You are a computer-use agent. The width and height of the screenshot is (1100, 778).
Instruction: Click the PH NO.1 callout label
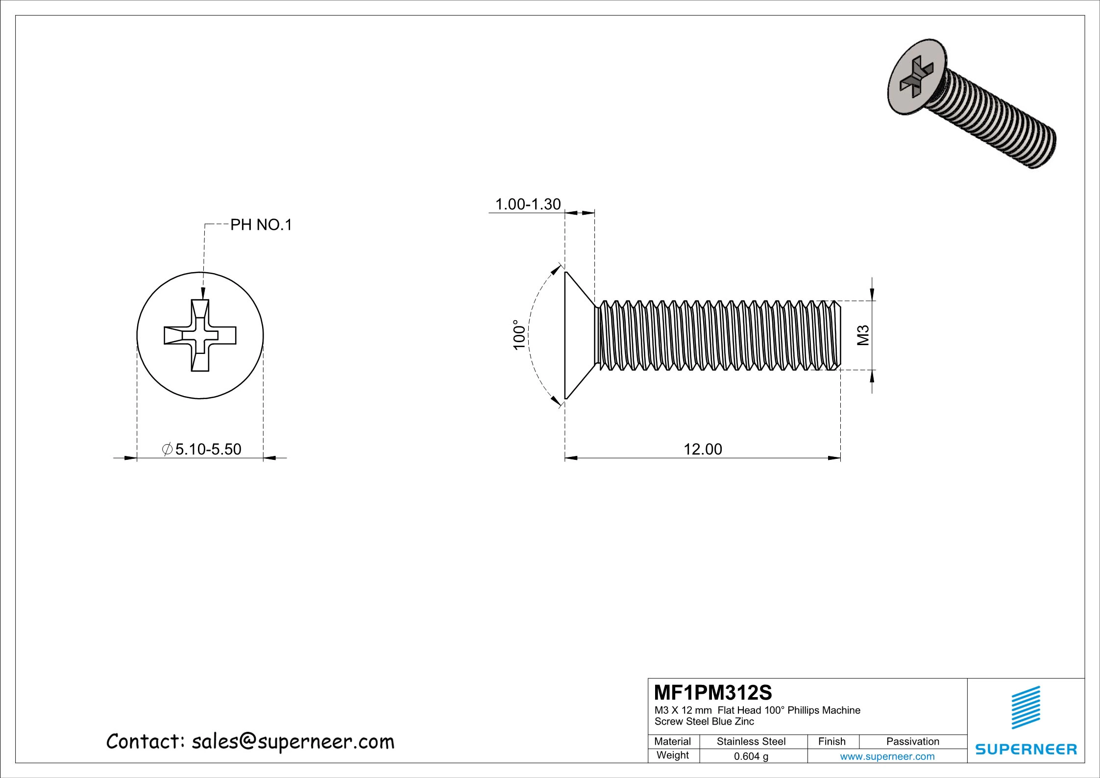coord(261,225)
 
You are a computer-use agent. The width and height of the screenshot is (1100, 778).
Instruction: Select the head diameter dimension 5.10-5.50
coord(208,449)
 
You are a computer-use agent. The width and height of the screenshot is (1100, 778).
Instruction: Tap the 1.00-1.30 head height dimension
coord(528,204)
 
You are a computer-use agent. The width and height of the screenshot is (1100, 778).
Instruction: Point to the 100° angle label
coord(519,334)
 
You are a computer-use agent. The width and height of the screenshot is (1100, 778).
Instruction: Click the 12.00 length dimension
coord(703,449)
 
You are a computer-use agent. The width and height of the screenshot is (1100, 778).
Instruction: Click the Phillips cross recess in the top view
coord(200,336)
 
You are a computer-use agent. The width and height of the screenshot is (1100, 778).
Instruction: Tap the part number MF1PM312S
coord(713,693)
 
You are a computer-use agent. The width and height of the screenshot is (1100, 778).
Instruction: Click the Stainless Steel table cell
coord(751,741)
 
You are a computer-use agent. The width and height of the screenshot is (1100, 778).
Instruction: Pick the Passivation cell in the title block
coord(912,741)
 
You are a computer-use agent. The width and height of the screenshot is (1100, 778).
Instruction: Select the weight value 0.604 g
coord(751,756)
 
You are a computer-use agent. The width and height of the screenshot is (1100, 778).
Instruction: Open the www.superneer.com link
coord(887,756)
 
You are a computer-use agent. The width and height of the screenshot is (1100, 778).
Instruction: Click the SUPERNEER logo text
coord(1026,749)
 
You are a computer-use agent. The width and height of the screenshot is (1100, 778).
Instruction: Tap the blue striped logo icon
coord(1026,707)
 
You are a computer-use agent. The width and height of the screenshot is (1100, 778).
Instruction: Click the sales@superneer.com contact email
coord(293,742)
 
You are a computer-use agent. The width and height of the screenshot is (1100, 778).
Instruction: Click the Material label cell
coord(672,741)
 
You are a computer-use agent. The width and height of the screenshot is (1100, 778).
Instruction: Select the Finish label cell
coord(831,741)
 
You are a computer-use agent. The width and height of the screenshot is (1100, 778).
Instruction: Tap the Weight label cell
coord(672,755)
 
